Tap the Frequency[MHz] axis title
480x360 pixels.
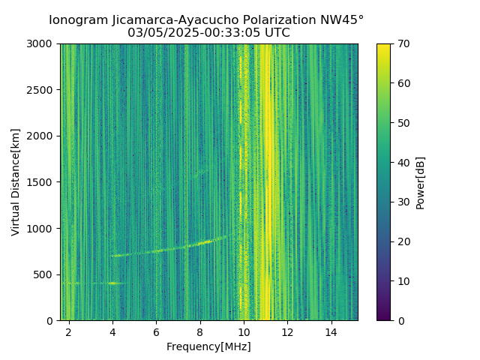(x=208, y=346)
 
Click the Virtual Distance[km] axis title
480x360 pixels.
(x=15, y=182)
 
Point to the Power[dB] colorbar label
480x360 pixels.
(x=421, y=182)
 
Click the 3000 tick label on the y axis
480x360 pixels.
(x=41, y=44)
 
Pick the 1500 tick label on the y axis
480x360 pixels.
(x=41, y=182)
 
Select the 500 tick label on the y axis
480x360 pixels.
(x=44, y=274)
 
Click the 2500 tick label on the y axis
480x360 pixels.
(x=41, y=90)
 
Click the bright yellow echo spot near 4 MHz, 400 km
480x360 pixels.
(x=113, y=283)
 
